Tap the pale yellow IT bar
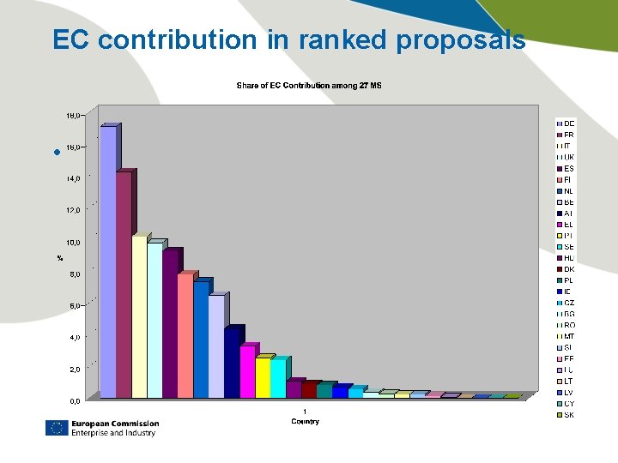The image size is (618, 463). [139, 317]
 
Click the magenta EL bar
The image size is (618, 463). [247, 372]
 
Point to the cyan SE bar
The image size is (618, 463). [278, 378]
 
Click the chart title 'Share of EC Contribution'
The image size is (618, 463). [308, 85]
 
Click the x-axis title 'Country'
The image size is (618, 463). [305, 421]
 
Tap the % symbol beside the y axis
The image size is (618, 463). [60, 257]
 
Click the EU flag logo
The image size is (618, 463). [57, 428]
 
